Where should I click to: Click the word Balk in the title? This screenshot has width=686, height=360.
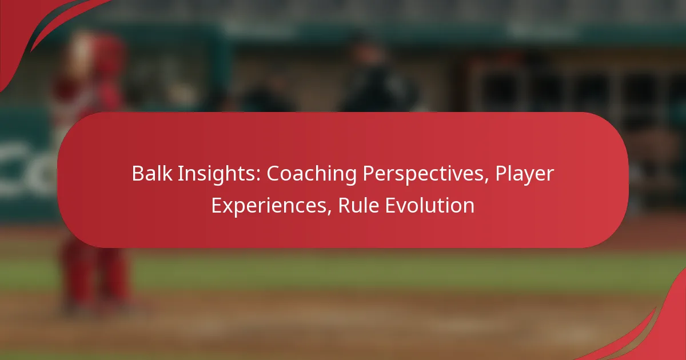(x=152, y=173)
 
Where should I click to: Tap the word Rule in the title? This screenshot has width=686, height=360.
(x=358, y=205)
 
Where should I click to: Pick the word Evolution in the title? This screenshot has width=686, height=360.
(x=430, y=205)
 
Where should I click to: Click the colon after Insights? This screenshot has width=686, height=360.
(x=258, y=176)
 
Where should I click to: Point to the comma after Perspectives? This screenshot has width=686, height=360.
(x=486, y=181)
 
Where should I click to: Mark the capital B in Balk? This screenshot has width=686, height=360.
(x=138, y=174)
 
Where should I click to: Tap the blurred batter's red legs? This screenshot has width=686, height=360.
(x=95, y=275)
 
